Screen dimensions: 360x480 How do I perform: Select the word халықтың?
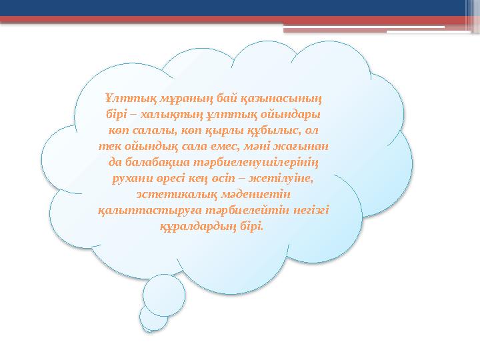163,115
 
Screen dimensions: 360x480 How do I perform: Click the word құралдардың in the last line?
195,227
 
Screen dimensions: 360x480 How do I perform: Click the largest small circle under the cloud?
163,295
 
